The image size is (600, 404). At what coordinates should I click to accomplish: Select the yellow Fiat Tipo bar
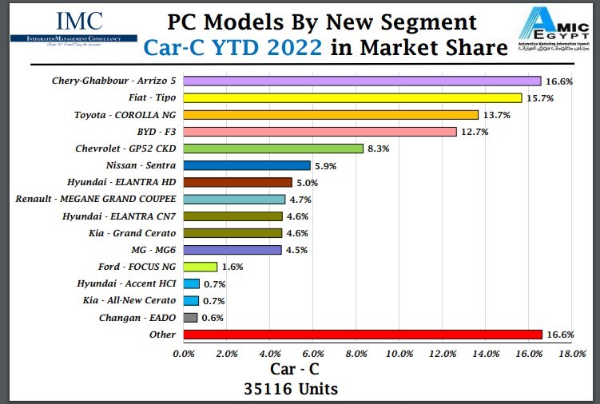pyautogui.click(x=352, y=97)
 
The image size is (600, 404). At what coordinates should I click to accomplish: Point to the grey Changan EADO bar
pyautogui.click(x=190, y=318)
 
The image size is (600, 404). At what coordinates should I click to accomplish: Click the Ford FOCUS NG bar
pyautogui.click(x=201, y=267)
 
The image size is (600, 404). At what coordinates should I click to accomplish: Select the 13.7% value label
pyautogui.click(x=495, y=115)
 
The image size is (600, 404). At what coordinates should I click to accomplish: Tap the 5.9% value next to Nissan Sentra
pyautogui.click(x=326, y=166)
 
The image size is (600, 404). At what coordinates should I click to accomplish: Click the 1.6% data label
pyautogui.click(x=233, y=267)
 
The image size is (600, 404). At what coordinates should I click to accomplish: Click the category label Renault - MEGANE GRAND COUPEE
pyautogui.click(x=96, y=199)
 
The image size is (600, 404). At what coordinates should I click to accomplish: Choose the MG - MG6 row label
pyautogui.click(x=152, y=250)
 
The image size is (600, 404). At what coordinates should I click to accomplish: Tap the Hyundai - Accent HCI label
pyautogui.click(x=126, y=284)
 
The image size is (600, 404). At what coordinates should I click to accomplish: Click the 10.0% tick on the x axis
pyautogui.click(x=399, y=353)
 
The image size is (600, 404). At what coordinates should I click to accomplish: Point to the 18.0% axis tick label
pyautogui.click(x=572, y=353)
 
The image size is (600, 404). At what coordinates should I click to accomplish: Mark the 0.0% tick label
pyautogui.click(x=184, y=353)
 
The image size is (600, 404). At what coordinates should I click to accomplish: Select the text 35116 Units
pyautogui.click(x=291, y=389)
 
